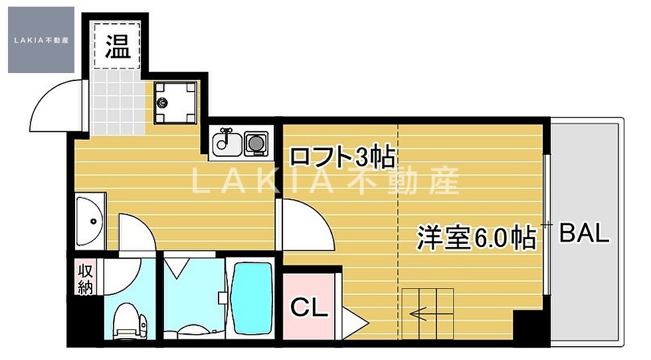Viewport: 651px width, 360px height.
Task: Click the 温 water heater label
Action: click(118, 48)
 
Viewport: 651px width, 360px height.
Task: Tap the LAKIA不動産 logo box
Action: click(41, 40)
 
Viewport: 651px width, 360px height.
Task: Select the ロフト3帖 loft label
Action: click(343, 157)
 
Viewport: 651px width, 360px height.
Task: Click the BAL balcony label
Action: click(584, 233)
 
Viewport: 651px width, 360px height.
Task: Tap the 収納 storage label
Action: click(86, 279)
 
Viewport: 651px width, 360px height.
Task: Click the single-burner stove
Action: click(255, 142)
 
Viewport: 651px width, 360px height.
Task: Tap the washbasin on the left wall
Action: click(88, 222)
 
